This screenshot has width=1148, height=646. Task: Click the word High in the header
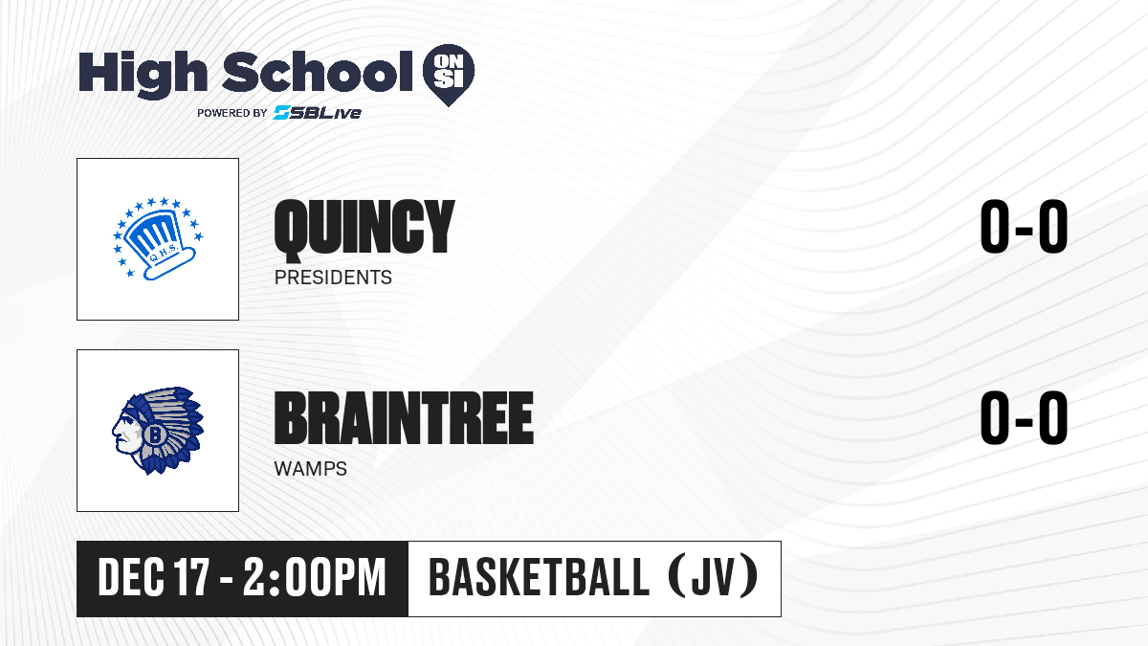(x=143, y=74)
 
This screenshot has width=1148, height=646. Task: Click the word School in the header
(x=318, y=71)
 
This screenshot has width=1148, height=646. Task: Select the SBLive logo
(x=318, y=113)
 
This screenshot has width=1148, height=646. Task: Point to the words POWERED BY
(x=232, y=113)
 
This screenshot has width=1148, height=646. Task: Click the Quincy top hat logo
(x=158, y=239)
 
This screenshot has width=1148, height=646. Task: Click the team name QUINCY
(x=364, y=227)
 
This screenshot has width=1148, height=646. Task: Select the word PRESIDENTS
(x=333, y=278)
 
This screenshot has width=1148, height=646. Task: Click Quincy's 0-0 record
(x=1024, y=227)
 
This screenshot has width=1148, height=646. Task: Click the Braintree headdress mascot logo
(x=158, y=431)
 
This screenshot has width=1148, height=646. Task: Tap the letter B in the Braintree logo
(x=154, y=435)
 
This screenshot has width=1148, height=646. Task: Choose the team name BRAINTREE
(x=404, y=418)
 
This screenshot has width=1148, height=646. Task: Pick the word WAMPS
(x=311, y=469)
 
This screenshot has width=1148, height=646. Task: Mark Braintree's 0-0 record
(x=1024, y=418)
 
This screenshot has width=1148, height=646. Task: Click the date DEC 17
(x=154, y=578)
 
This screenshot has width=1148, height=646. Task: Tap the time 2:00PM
(x=314, y=578)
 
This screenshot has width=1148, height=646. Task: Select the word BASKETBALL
(x=540, y=577)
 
